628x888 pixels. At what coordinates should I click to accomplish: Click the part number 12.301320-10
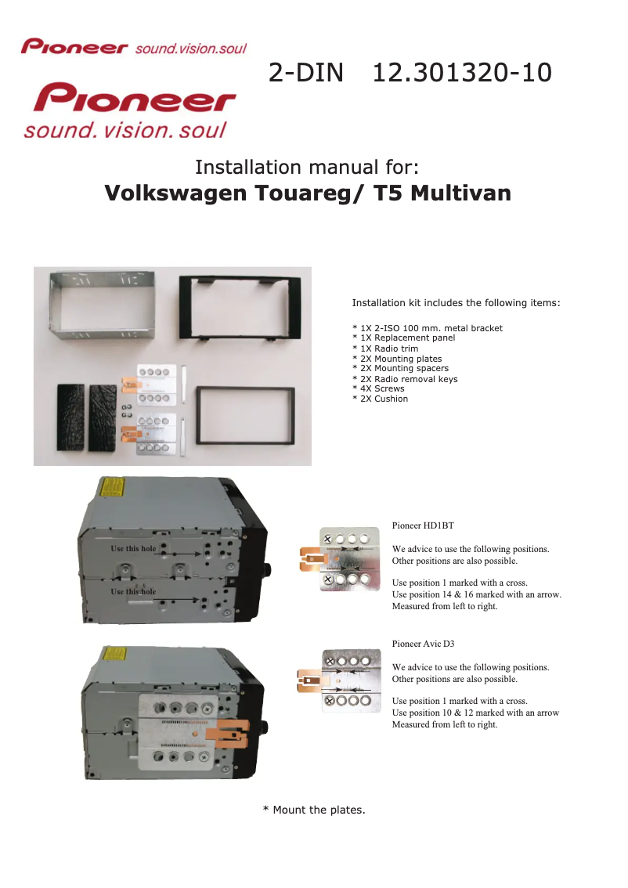click(x=462, y=73)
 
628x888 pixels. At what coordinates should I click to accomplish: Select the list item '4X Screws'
click(x=382, y=388)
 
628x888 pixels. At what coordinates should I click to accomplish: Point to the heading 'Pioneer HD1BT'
click(x=423, y=525)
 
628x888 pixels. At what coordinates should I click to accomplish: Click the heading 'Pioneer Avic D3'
click(x=423, y=644)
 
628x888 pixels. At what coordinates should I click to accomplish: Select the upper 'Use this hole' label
click(x=133, y=548)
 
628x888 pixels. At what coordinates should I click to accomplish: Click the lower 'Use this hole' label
click(x=133, y=591)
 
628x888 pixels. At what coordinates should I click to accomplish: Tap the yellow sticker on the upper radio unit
click(x=112, y=489)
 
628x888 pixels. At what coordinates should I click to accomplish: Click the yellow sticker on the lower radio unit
click(x=115, y=655)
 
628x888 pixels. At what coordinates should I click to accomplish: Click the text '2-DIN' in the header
click(x=306, y=73)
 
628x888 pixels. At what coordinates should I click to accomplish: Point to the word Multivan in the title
click(x=460, y=193)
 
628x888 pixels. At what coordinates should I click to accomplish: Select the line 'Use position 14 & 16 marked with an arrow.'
click(x=476, y=594)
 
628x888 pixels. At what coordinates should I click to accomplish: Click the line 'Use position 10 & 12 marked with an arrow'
click(x=475, y=713)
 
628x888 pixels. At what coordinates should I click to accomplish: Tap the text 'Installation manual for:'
click(x=307, y=168)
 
